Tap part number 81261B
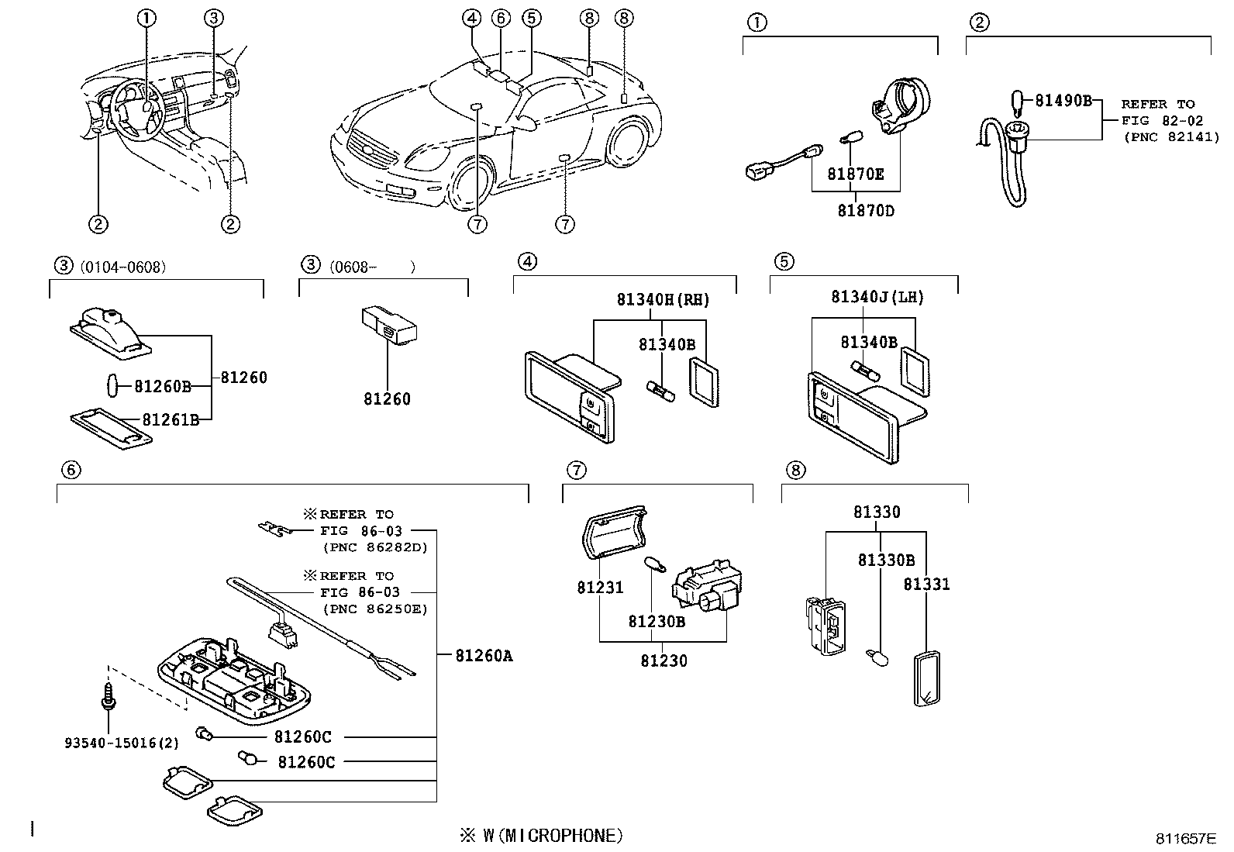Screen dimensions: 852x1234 171,419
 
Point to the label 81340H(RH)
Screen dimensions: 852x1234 663,300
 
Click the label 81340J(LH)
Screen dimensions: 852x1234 877,297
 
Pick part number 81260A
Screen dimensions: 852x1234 484,656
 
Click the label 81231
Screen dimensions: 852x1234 599,588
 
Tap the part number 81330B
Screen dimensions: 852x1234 885,560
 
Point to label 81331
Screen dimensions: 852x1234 926,584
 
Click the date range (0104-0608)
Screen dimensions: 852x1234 122,267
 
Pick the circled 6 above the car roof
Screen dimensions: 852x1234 501,18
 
